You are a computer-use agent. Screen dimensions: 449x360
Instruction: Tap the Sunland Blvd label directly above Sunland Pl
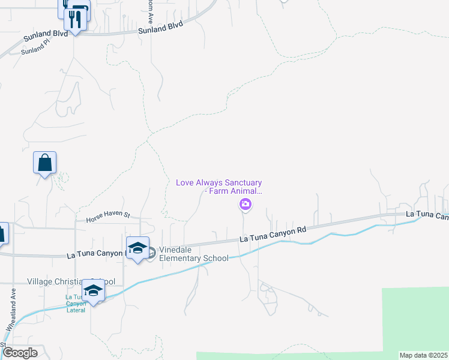(x=43, y=36)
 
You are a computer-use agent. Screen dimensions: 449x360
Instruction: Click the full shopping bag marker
(x=45, y=163)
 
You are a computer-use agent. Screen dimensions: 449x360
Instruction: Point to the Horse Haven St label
(x=107, y=214)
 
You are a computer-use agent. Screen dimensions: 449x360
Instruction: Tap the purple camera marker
(x=246, y=206)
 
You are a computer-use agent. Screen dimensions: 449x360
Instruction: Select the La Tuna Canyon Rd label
(x=273, y=234)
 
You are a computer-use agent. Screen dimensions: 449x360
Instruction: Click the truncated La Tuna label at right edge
(x=427, y=214)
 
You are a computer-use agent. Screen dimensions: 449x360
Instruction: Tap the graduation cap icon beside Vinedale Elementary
(x=137, y=248)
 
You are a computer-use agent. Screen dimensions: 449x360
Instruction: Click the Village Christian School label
(x=71, y=281)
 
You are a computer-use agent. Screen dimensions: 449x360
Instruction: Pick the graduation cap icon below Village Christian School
(x=93, y=291)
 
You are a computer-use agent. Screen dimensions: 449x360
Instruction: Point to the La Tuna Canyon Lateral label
(x=76, y=304)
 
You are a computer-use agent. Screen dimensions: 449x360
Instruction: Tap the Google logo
(x=20, y=352)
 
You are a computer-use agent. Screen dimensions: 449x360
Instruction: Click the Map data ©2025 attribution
(x=423, y=355)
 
